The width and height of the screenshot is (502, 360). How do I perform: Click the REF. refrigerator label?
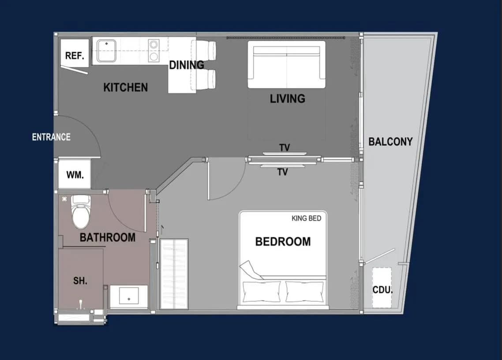(x=75, y=56)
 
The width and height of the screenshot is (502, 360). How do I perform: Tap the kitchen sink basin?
(x=106, y=51)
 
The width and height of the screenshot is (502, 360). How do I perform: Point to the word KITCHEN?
(x=125, y=87)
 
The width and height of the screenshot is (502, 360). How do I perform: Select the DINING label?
(x=187, y=65)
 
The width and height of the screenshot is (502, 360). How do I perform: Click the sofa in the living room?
(x=287, y=64)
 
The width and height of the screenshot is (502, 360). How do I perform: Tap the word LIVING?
(x=288, y=99)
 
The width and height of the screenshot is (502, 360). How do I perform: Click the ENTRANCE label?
(x=51, y=137)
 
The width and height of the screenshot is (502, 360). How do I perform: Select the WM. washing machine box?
(x=75, y=174)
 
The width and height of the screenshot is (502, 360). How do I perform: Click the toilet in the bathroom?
(x=81, y=212)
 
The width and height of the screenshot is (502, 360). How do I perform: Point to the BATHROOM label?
(x=108, y=238)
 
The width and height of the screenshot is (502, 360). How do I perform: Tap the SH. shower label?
(x=80, y=281)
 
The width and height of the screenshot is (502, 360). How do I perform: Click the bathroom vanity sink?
(x=129, y=296)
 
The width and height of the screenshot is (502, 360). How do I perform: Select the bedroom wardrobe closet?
(x=174, y=274)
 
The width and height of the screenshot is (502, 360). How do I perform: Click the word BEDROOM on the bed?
(x=283, y=241)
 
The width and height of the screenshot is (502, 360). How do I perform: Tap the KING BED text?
(x=307, y=218)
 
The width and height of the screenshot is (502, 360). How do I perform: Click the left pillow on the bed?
(x=262, y=292)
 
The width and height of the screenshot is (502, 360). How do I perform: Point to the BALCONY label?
(x=390, y=142)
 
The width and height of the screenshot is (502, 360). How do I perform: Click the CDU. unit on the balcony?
(x=382, y=288)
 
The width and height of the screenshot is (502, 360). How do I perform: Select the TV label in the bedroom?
(x=282, y=172)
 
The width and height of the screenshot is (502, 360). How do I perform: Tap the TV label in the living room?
(x=285, y=148)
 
